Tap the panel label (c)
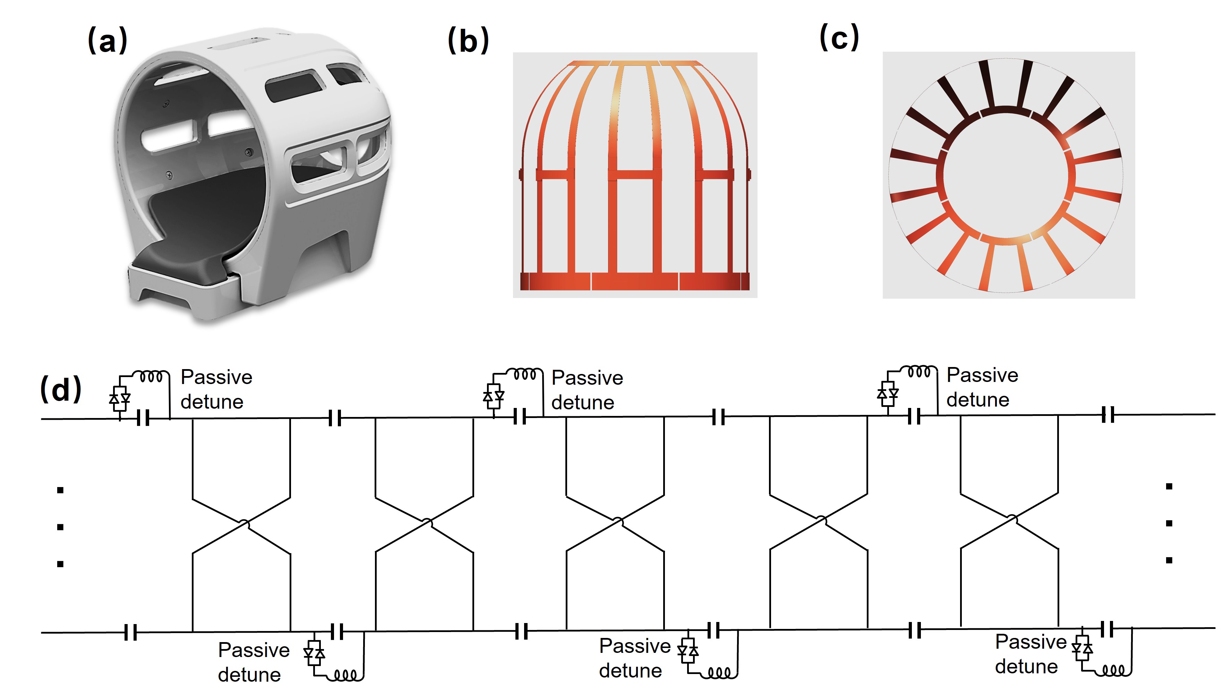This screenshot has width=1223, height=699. click(x=839, y=37)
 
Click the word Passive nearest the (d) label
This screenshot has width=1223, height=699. click(x=216, y=377)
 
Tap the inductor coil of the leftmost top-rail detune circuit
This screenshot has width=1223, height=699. click(x=151, y=376)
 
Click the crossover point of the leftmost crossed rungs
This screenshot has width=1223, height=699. click(x=244, y=524)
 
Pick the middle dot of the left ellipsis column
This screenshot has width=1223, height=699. click(x=60, y=527)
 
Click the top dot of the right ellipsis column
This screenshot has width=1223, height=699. click(x=1169, y=486)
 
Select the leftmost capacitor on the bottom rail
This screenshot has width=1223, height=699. click(x=130, y=632)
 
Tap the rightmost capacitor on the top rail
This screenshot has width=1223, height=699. click(x=1108, y=414)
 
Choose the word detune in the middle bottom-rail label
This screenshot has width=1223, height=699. click(x=630, y=671)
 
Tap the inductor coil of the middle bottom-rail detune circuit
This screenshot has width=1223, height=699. click(x=719, y=673)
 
